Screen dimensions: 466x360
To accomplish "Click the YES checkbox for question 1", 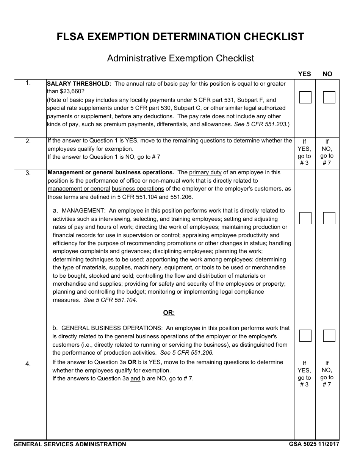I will (305, 97).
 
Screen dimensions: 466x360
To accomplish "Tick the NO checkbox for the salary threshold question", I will (329, 97).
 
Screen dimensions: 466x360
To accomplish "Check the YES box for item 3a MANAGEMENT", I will (305, 218).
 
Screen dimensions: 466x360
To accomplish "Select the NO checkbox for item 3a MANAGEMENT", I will (329, 218).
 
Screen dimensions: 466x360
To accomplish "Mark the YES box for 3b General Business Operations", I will (305, 336).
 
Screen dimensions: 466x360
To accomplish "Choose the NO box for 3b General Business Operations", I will (329, 336).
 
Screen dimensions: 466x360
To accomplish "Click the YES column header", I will (304, 74).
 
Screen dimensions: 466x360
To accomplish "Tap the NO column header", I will (327, 74).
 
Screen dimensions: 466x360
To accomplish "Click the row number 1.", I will (28, 83).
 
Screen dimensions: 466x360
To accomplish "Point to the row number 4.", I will (28, 364).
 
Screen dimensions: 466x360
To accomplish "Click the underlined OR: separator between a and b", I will (169, 313).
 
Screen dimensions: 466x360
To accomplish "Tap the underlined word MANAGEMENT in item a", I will (83, 211).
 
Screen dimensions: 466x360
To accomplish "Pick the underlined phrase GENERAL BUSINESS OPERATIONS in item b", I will (111, 328).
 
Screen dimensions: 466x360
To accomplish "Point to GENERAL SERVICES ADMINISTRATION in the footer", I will (70, 444).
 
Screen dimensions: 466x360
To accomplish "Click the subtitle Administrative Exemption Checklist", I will (180, 58).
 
